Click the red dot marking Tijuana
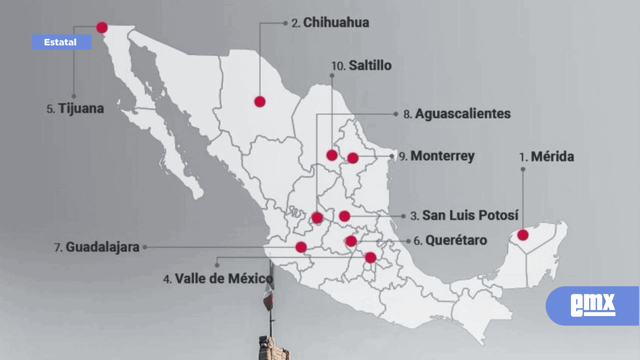[x=102, y=27]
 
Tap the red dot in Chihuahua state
[x=260, y=101]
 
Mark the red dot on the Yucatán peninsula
[x=523, y=235]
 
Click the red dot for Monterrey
[x=353, y=158]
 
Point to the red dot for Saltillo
[x=332, y=155]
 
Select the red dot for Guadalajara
[x=301, y=247]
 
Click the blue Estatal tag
[x=61, y=43]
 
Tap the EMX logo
[x=593, y=305]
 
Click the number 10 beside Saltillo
[x=338, y=66]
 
